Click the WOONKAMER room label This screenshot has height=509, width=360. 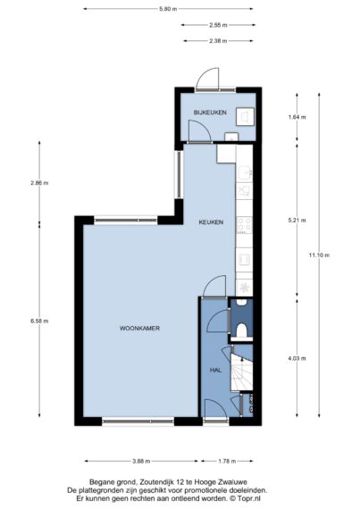pyautogui.click(x=139, y=329)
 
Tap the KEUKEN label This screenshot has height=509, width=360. pyautogui.click(x=211, y=222)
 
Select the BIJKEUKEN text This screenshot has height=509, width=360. pyautogui.click(x=210, y=113)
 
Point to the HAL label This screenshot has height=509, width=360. pyautogui.click(x=215, y=370)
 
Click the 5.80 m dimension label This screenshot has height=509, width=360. pyautogui.click(x=168, y=9)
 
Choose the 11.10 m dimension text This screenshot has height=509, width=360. pyautogui.click(x=319, y=255)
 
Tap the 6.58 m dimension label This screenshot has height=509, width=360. pyautogui.click(x=39, y=321)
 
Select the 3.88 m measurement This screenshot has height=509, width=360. pyautogui.click(x=141, y=461)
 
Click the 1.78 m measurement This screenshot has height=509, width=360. pyautogui.click(x=227, y=461)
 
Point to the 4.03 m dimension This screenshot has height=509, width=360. pyautogui.click(x=297, y=358)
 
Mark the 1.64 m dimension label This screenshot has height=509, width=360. pyautogui.click(x=297, y=117)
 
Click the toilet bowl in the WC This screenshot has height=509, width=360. pyautogui.click(x=241, y=331)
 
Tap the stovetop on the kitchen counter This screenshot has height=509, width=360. pyautogui.click(x=245, y=225)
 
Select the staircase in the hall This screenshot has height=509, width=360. pyautogui.click(x=241, y=372)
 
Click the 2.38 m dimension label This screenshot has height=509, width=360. pyautogui.click(x=217, y=41)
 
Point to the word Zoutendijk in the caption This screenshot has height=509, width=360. pyautogui.click(x=157, y=482)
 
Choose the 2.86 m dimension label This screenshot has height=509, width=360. pyautogui.click(x=39, y=183)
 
